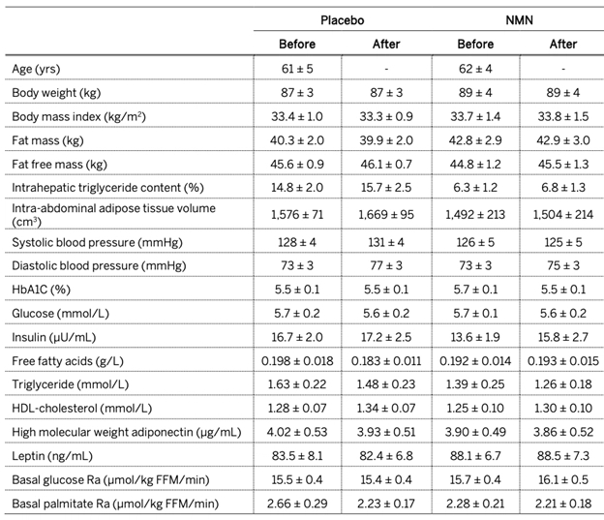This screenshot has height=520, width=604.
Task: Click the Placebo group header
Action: pos(342,20)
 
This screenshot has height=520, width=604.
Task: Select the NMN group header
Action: pos(519,20)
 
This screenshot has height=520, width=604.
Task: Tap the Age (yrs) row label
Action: pos(36,69)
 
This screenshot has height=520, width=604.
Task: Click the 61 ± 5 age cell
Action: pos(297,69)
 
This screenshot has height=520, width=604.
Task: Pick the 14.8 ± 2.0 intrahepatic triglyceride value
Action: pos(297,187)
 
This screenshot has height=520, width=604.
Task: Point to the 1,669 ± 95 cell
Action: pos(386,214)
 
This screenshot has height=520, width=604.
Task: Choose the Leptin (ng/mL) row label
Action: pos(52,456)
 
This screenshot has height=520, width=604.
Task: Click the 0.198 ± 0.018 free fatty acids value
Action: pos(297,361)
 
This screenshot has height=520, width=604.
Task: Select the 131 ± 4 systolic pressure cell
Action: pos(386,242)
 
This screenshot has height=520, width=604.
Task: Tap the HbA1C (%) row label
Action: pos(42,290)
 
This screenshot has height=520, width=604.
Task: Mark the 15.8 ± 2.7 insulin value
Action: pos(562,337)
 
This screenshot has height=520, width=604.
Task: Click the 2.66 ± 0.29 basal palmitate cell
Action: pos(297,504)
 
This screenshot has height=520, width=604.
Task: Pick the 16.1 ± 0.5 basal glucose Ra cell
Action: pos(562,479)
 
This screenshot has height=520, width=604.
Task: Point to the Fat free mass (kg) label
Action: pos(60,165)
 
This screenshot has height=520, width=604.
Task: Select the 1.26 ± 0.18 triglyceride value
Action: pos(562,383)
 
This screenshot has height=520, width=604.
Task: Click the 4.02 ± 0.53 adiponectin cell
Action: pos(297,432)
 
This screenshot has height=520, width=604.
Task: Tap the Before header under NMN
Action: pos(475,44)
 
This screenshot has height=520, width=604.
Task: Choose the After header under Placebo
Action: pos(386,44)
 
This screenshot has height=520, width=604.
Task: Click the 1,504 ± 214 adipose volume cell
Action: pos(562,214)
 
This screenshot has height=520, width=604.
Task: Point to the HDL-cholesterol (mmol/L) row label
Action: pos(82,409)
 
